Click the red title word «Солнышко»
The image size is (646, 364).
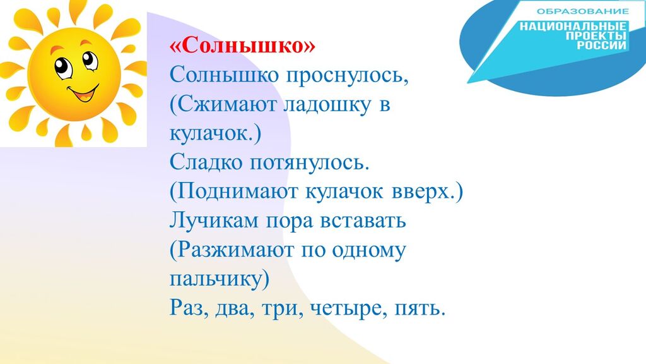click(242, 45)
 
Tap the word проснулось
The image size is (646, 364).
click(348, 75)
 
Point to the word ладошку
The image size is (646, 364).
click(327, 106)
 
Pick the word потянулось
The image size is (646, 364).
click(310, 164)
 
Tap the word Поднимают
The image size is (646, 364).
click(233, 192)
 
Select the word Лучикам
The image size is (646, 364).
click(214, 221)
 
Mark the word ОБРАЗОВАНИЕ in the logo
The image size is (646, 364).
click(583, 11)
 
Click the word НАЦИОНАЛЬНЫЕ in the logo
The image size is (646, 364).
click(573, 27)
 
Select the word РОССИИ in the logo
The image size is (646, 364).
click(601, 45)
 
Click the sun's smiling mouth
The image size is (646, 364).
click(84, 94)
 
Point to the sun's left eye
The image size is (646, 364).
click(63, 68)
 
